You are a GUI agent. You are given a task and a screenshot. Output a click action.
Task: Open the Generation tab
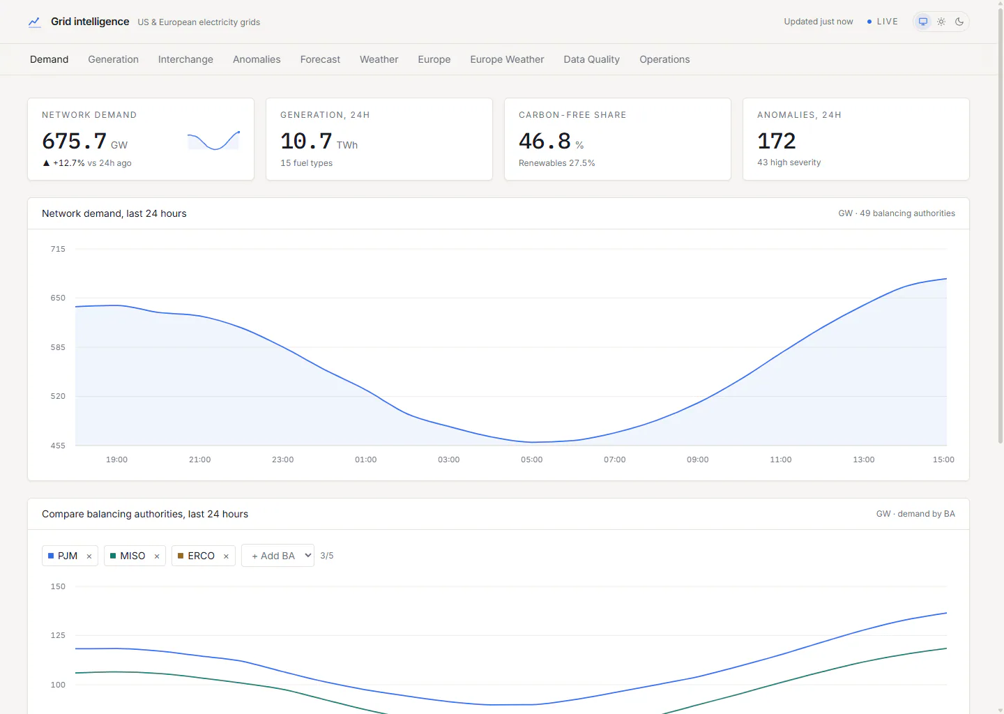113,59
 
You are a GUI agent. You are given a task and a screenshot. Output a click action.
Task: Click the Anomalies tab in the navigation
257,59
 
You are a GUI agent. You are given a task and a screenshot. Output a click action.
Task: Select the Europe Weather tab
507,59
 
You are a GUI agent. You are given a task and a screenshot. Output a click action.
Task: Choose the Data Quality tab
591,59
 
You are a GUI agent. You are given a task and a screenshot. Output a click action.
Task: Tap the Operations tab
664,59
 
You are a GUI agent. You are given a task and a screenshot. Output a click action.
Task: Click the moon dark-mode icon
959,22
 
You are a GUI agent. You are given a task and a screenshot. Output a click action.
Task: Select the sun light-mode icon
941,22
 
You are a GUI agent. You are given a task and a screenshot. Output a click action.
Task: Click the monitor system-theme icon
923,22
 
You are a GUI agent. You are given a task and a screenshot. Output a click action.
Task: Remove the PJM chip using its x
89,556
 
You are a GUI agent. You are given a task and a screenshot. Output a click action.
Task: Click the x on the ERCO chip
227,556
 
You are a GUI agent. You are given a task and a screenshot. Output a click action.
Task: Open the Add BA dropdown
277,555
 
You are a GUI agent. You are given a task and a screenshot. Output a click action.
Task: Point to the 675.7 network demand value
75,141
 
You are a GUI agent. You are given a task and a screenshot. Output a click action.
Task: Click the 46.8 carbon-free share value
545,141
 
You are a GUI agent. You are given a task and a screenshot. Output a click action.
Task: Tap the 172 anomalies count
776,141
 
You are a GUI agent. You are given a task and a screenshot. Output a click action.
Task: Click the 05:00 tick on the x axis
531,459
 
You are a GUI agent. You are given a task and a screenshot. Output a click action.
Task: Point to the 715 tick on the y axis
58,249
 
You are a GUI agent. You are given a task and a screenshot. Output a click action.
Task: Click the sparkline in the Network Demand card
214,140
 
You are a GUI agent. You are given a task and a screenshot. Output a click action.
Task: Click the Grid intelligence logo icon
35,22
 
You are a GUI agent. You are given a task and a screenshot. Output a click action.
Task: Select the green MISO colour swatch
113,556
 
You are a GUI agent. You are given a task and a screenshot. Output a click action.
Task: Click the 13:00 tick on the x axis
864,459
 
